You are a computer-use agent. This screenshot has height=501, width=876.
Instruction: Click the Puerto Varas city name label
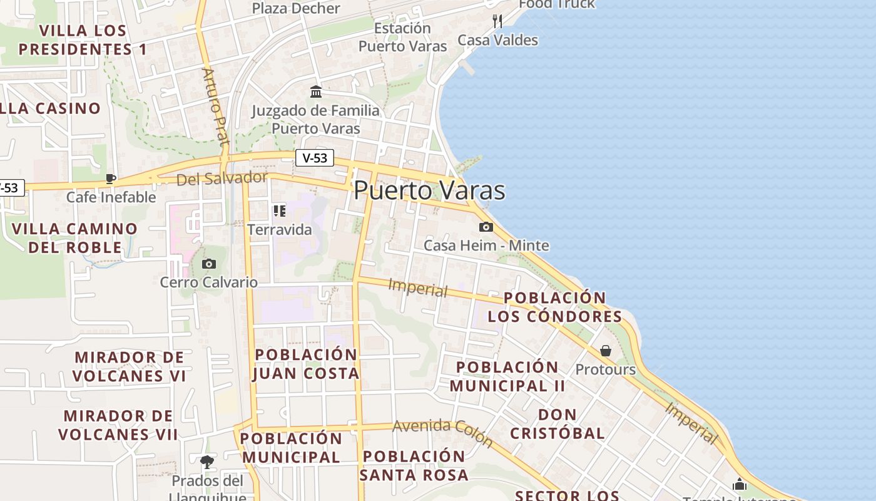(x=429, y=190)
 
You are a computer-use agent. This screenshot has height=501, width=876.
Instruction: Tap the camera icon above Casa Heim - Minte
(x=486, y=227)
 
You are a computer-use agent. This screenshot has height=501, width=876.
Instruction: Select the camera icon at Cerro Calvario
(x=209, y=264)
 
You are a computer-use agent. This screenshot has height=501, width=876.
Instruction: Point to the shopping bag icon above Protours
(x=605, y=351)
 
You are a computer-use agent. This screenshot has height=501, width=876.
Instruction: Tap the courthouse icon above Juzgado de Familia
(x=316, y=92)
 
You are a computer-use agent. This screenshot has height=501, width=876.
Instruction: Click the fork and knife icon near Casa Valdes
(x=497, y=21)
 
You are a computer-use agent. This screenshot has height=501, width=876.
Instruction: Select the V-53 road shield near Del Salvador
(x=315, y=158)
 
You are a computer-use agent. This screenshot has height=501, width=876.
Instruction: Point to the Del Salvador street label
(x=222, y=178)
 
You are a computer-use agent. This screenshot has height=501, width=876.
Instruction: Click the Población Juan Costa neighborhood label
(x=306, y=364)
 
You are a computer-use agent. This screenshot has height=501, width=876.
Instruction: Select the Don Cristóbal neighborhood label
(x=558, y=424)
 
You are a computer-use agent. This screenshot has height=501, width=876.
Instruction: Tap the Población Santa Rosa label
(x=414, y=465)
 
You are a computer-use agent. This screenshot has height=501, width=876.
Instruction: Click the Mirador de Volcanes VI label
(x=130, y=366)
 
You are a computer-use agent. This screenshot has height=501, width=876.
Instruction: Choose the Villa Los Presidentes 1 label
(x=83, y=39)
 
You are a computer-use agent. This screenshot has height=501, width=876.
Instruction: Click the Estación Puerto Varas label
(x=403, y=37)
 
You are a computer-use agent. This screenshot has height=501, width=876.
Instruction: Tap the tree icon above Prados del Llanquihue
(x=207, y=462)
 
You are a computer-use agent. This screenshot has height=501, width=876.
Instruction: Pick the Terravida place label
(x=280, y=230)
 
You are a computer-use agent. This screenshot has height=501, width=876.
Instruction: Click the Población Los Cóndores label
(x=555, y=307)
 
